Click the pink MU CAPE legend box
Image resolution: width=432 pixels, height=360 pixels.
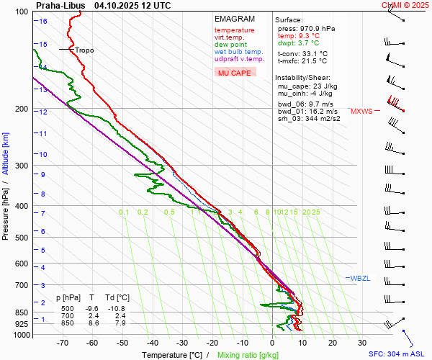(x=235, y=73)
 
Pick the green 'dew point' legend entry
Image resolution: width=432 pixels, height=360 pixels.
(x=230, y=45)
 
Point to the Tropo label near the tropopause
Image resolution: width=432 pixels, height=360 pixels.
(x=84, y=50)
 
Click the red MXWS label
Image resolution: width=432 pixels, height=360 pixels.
(x=361, y=112)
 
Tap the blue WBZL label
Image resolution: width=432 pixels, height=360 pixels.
(x=360, y=279)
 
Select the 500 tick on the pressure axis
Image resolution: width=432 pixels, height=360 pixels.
(x=22, y=238)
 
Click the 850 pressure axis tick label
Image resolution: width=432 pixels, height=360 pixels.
(x=22, y=313)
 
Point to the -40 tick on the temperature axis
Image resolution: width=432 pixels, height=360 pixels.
(x=152, y=343)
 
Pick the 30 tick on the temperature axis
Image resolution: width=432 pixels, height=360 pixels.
(x=362, y=343)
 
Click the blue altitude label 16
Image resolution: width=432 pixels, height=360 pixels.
(x=43, y=22)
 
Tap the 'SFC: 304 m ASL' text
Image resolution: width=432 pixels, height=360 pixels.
(x=397, y=354)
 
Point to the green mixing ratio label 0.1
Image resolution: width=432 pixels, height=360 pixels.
(x=124, y=212)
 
